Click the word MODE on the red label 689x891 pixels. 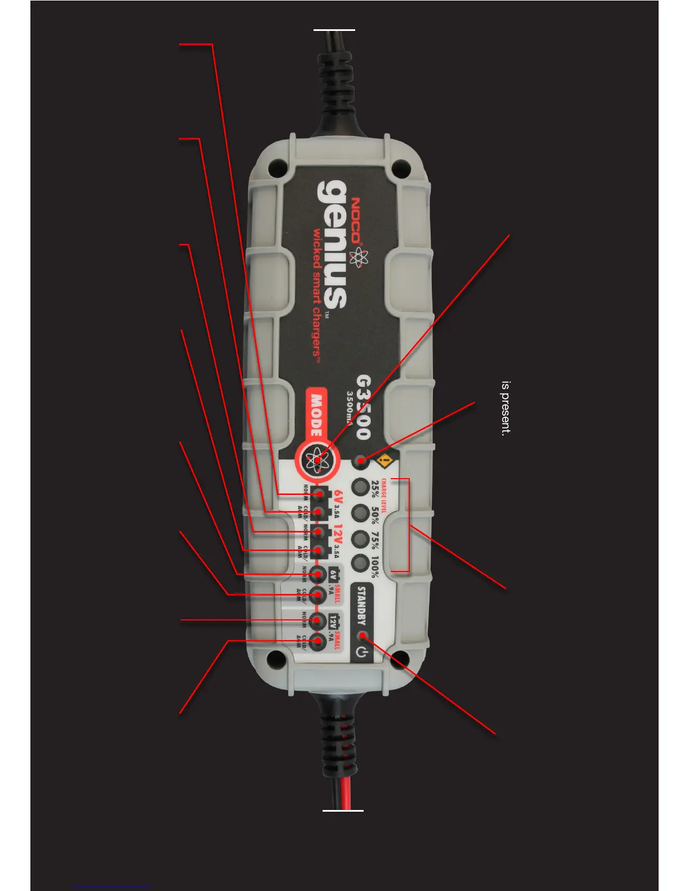317,415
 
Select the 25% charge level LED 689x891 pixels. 360,487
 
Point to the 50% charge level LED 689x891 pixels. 360,513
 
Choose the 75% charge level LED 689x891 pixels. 360,539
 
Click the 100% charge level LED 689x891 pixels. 360,563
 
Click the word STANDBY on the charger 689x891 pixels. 361,606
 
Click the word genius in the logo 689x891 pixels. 332,245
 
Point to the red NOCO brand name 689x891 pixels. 356,220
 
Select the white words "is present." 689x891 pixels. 506,408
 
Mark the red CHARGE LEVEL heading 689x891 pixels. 384,496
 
